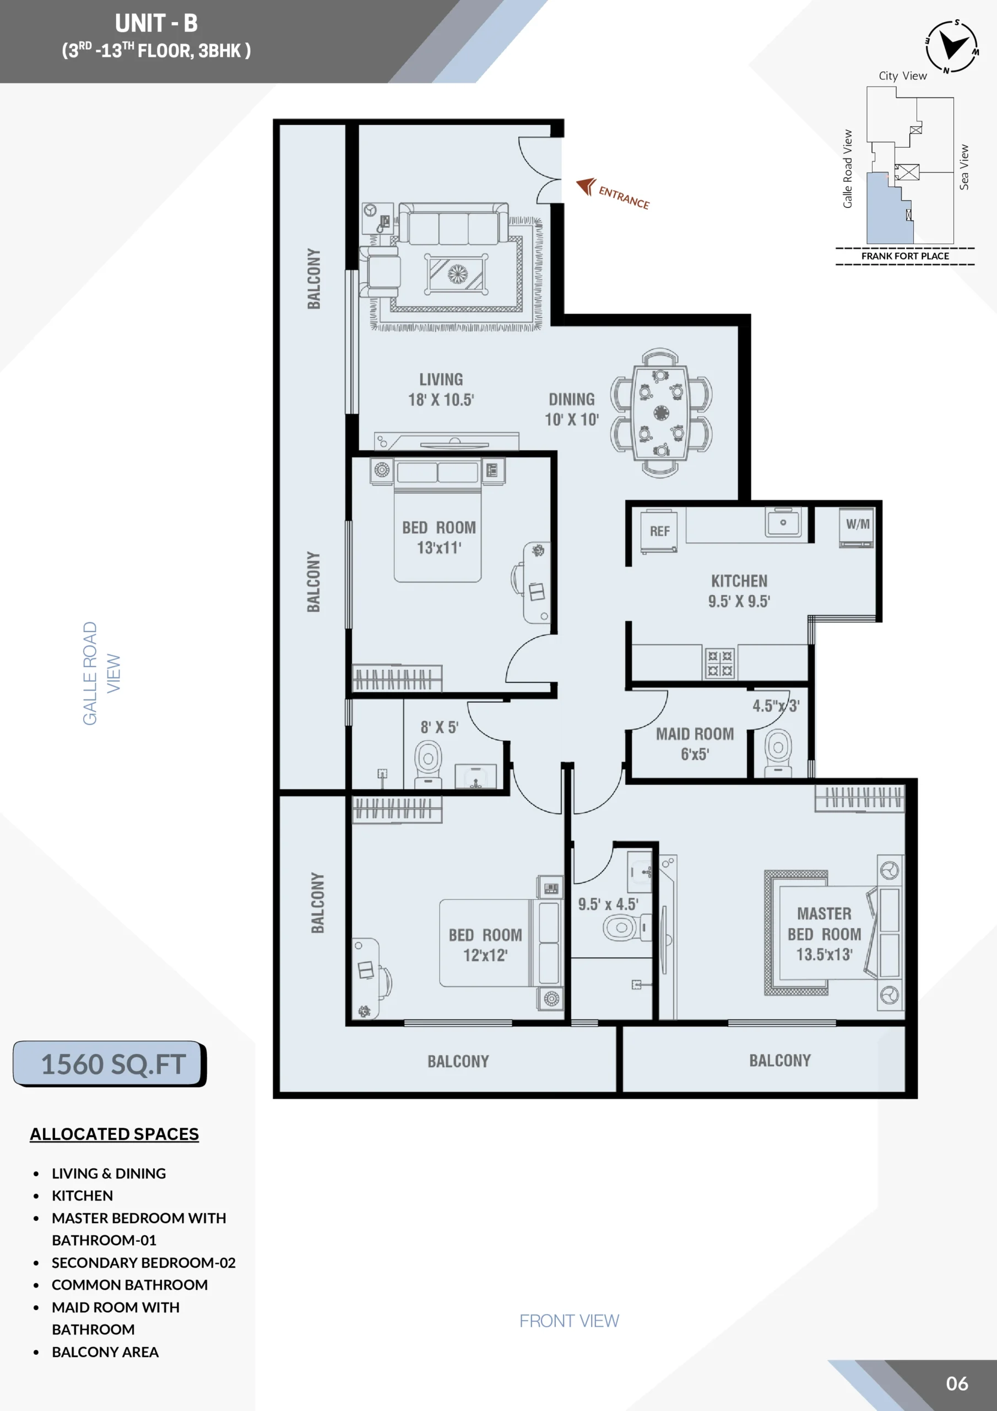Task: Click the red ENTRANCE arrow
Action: tap(586, 186)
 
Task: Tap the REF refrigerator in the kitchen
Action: tap(659, 531)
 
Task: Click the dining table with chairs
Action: tap(661, 412)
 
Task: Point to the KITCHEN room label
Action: tap(739, 581)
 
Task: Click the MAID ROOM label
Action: tap(695, 734)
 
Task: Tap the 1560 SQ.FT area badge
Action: tap(110, 1064)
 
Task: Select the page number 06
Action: tap(956, 1383)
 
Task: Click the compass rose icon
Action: tap(952, 47)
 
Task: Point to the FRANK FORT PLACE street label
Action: tap(905, 256)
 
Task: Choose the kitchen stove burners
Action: tap(719, 663)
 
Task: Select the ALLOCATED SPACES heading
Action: tap(114, 1134)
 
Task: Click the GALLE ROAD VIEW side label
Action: tap(101, 674)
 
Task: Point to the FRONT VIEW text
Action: tap(569, 1321)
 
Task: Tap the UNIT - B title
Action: tap(156, 23)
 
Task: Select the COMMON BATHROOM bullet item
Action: tap(129, 1284)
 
